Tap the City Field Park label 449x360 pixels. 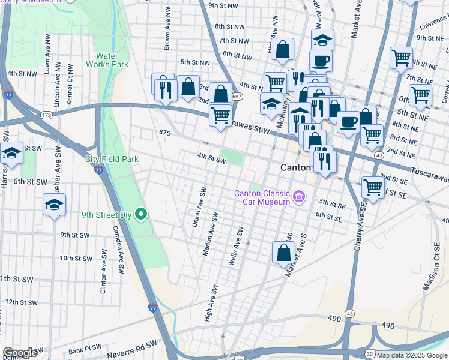(112, 159)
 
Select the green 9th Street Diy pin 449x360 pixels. (142, 214)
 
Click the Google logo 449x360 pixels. (20, 353)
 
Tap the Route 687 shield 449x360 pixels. (238, 96)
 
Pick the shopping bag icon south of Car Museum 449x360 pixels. (283, 253)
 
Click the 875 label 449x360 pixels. (166, 132)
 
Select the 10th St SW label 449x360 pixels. (75, 259)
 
